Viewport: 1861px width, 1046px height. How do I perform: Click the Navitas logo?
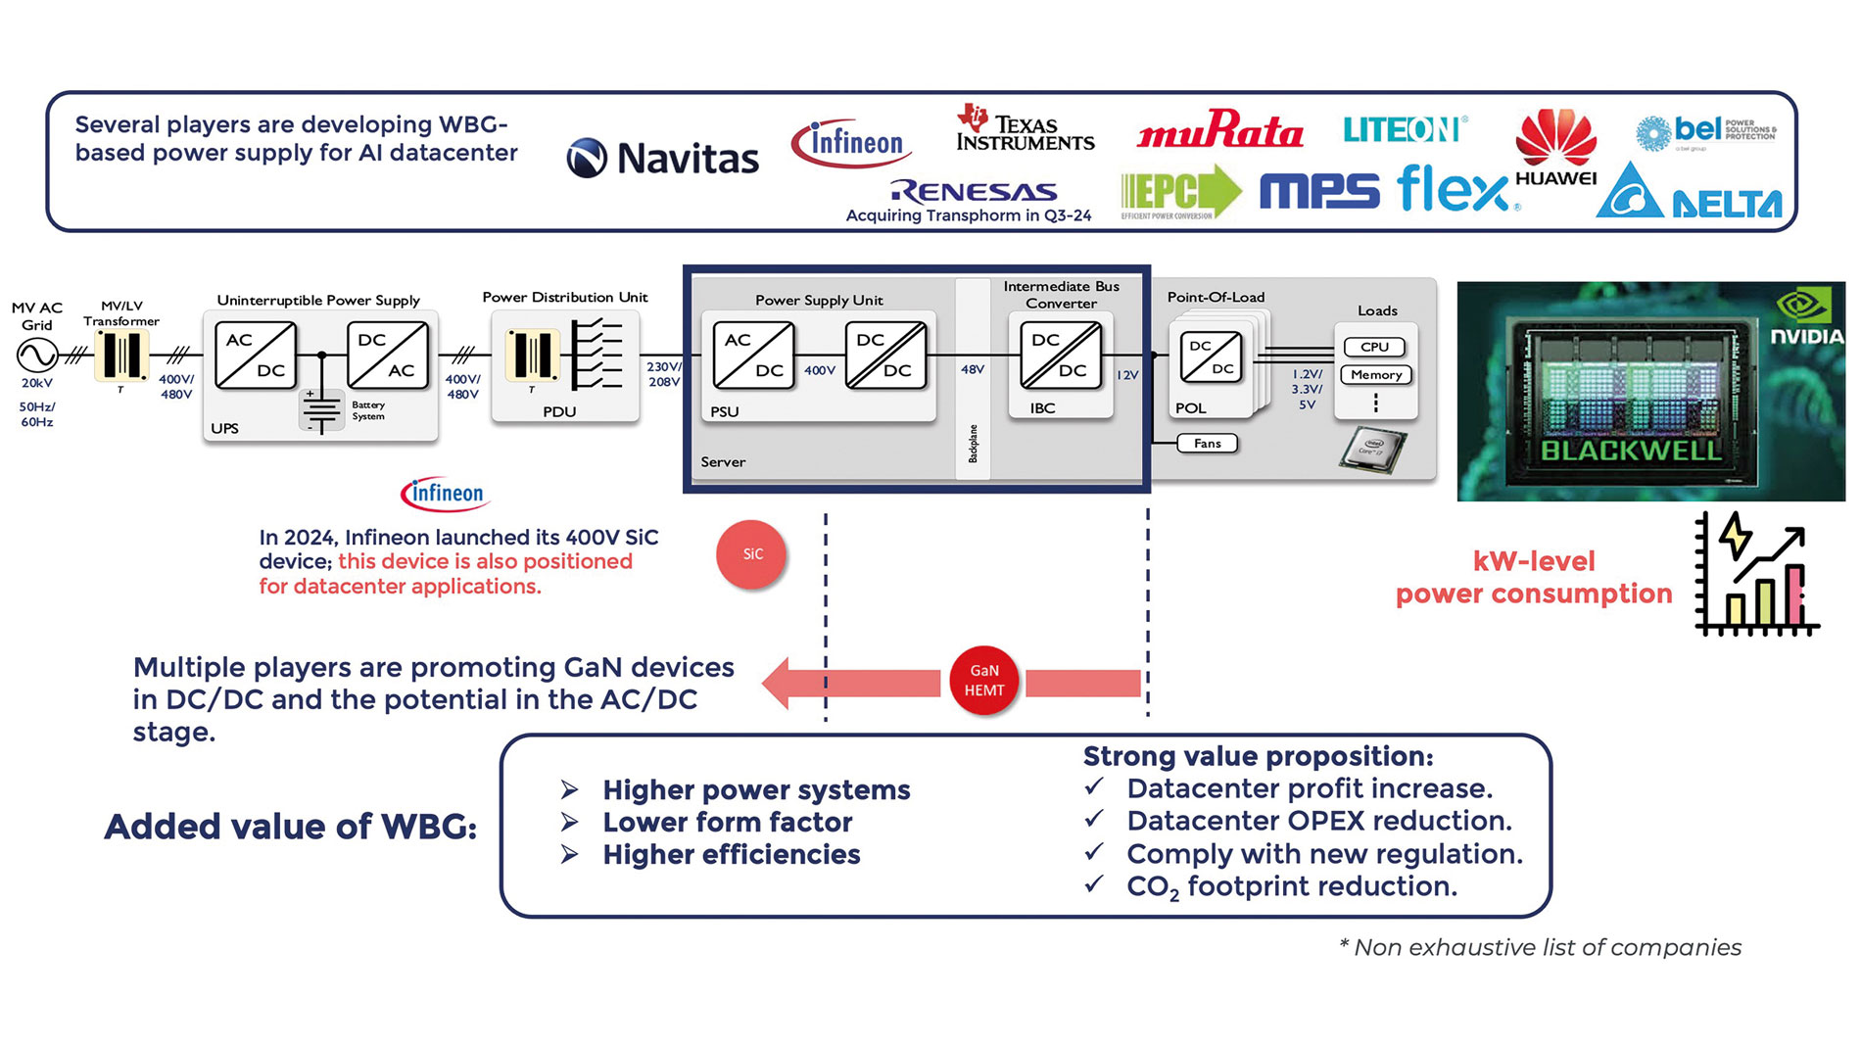663,158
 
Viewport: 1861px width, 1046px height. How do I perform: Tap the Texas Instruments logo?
1025,129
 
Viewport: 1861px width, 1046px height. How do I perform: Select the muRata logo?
1219,130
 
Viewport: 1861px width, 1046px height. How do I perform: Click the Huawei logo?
1555,148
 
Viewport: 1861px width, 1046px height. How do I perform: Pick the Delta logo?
1690,193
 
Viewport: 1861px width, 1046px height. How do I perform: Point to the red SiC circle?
751,554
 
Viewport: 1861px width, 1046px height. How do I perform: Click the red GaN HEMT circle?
984,681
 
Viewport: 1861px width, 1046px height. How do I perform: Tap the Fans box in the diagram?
1207,444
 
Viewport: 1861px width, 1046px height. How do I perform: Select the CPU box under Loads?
1374,347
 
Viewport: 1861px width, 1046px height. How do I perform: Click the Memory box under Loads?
1375,375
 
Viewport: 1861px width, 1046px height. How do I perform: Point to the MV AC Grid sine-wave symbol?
37,355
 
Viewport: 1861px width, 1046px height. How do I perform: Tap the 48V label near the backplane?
972,370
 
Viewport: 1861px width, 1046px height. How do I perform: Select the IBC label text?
1042,408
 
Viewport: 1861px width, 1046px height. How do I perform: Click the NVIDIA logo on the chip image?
1805,319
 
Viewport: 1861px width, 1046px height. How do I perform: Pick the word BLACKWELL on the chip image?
1630,452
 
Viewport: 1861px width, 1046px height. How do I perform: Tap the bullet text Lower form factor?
727,823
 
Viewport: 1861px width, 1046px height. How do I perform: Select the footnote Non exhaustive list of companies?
1541,948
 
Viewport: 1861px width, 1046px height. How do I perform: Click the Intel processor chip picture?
1372,450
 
